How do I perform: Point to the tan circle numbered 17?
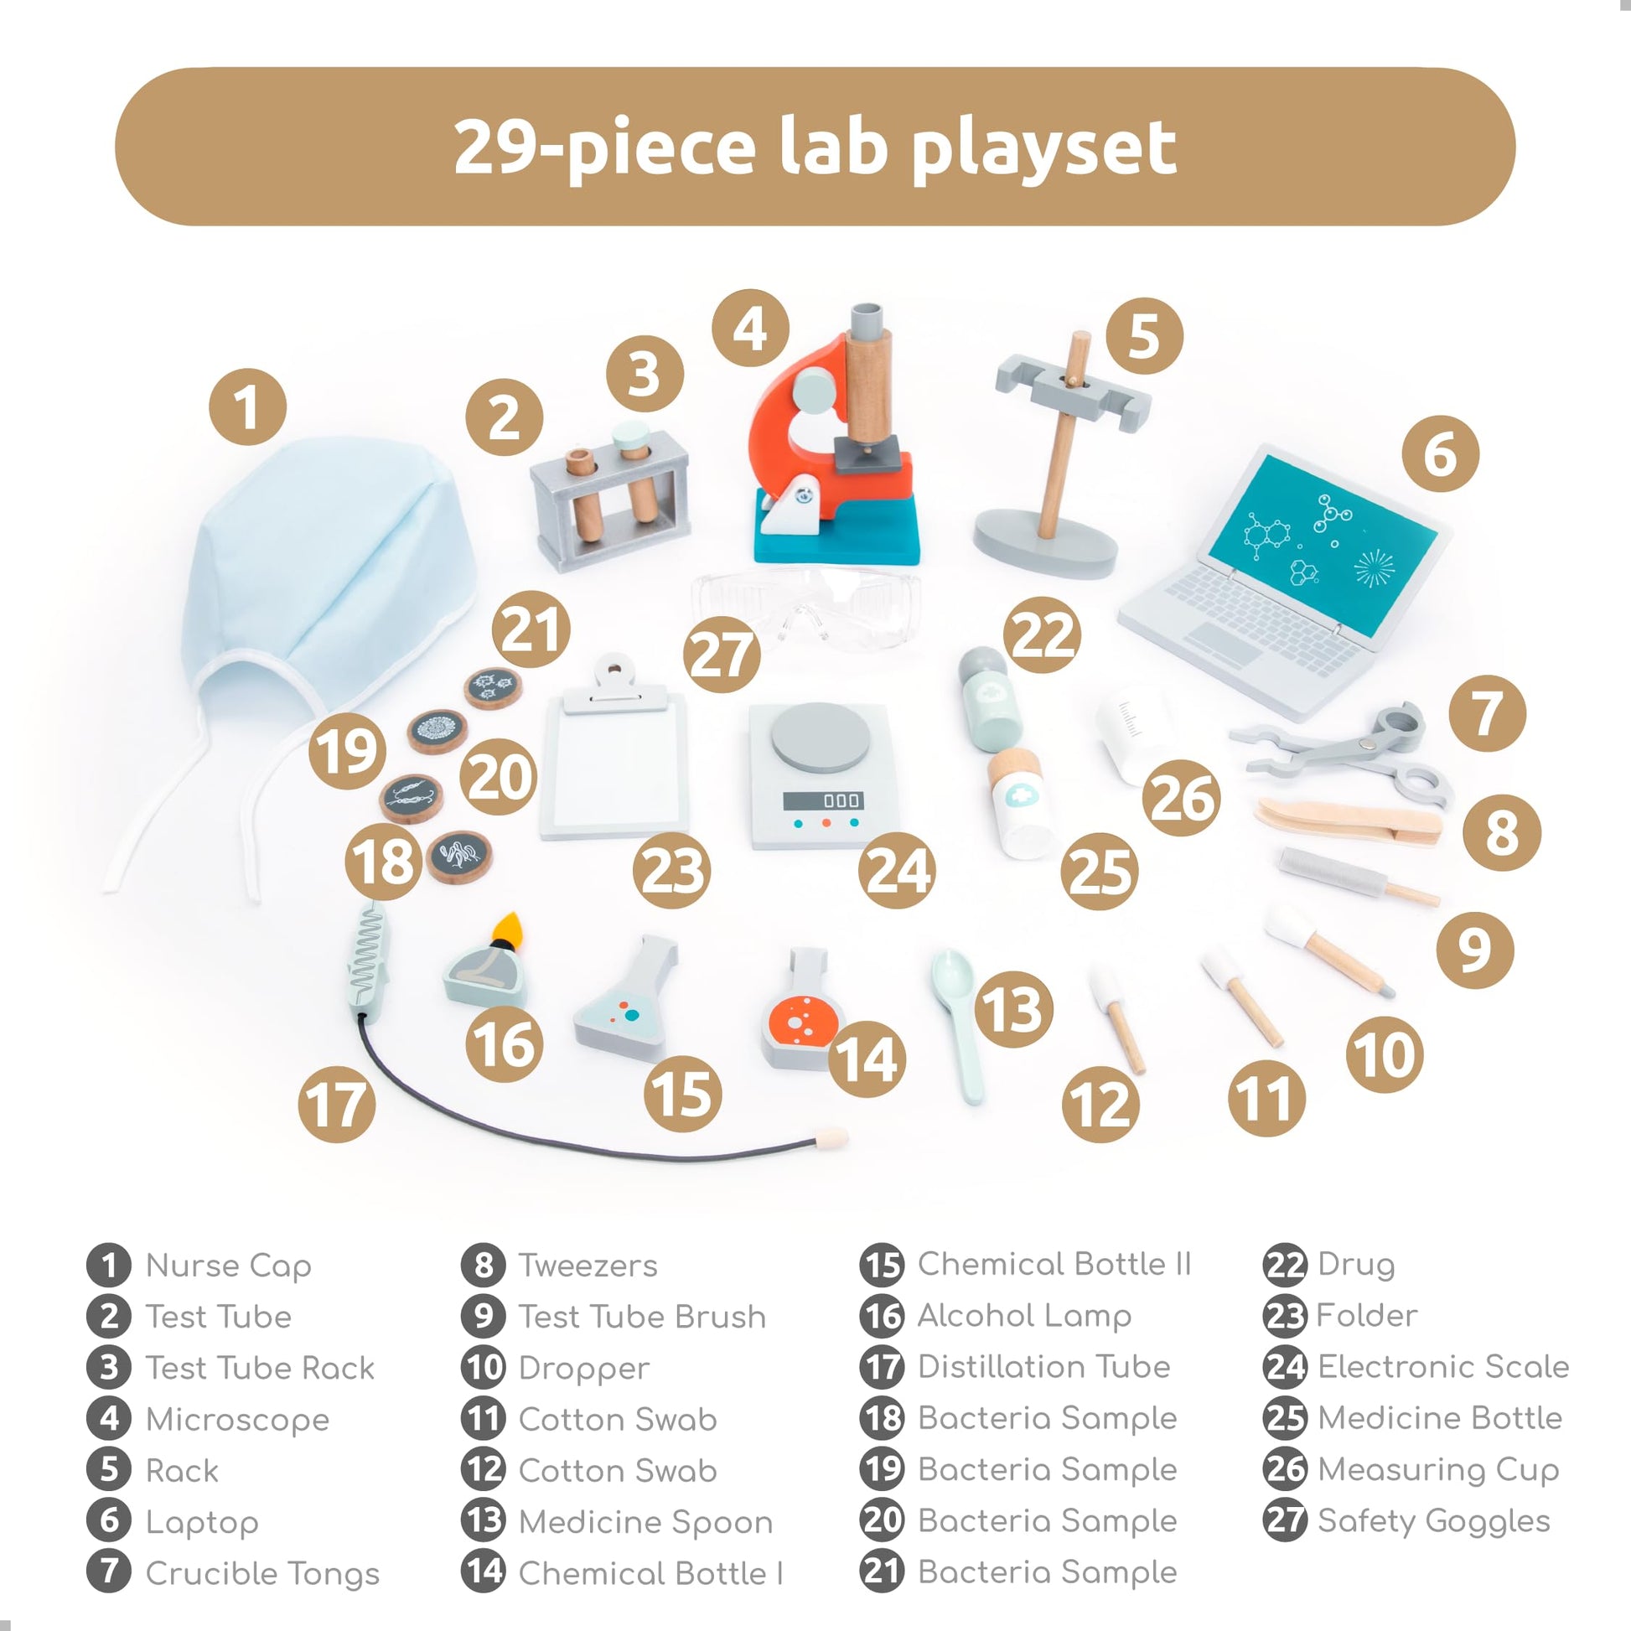337,1103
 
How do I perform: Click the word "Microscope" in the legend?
237,1419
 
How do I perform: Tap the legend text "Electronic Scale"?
1442,1366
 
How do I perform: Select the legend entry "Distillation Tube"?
1043,1366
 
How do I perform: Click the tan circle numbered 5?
1144,336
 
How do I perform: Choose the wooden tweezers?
1349,822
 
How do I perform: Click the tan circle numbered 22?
1043,634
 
